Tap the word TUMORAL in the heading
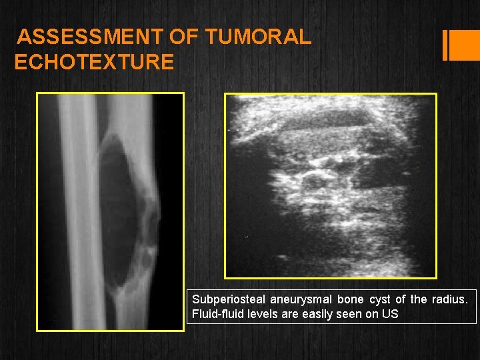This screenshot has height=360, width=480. pos(258,37)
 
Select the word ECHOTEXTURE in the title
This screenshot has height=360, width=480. pos(94,63)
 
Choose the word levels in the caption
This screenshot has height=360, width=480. pos(267,314)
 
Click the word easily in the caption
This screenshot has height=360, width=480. pos(322,314)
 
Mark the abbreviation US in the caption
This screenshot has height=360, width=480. pos(391,314)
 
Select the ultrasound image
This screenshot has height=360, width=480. pos(331,185)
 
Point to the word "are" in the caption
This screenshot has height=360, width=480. pos(296,314)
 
